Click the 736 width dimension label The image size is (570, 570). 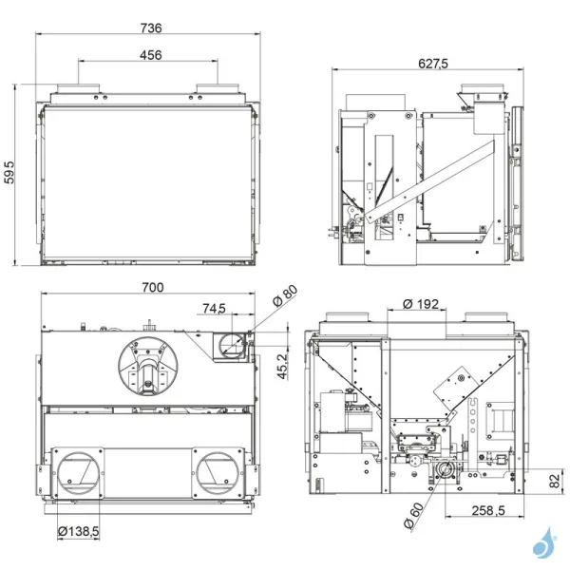click(x=149, y=28)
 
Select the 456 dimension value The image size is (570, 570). click(x=150, y=55)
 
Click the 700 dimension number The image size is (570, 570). click(x=152, y=287)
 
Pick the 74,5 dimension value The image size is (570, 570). click(x=214, y=308)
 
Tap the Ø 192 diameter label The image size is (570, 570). click(x=420, y=304)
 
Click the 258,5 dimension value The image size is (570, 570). click(x=491, y=511)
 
